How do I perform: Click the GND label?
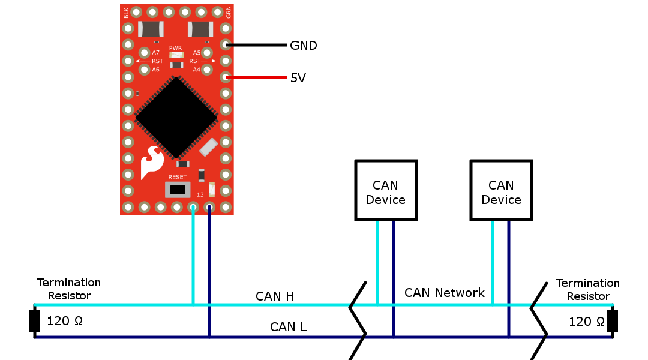coord(304,46)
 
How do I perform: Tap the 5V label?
coord(298,78)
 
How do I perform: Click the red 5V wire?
coord(256,77)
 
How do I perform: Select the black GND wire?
coord(256,44)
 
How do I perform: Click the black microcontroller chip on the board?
coord(176,118)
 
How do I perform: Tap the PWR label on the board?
coord(175,48)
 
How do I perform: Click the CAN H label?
coord(275,296)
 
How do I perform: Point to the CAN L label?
coord(288,327)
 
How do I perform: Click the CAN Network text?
coord(444,293)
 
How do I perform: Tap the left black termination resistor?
coord(35,321)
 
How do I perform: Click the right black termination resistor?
coord(613,321)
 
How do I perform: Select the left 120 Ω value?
coord(64,321)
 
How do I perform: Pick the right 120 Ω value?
coord(586,322)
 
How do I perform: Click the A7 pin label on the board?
coord(155,52)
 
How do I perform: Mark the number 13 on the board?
coord(200,194)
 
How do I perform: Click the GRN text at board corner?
coord(229,13)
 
